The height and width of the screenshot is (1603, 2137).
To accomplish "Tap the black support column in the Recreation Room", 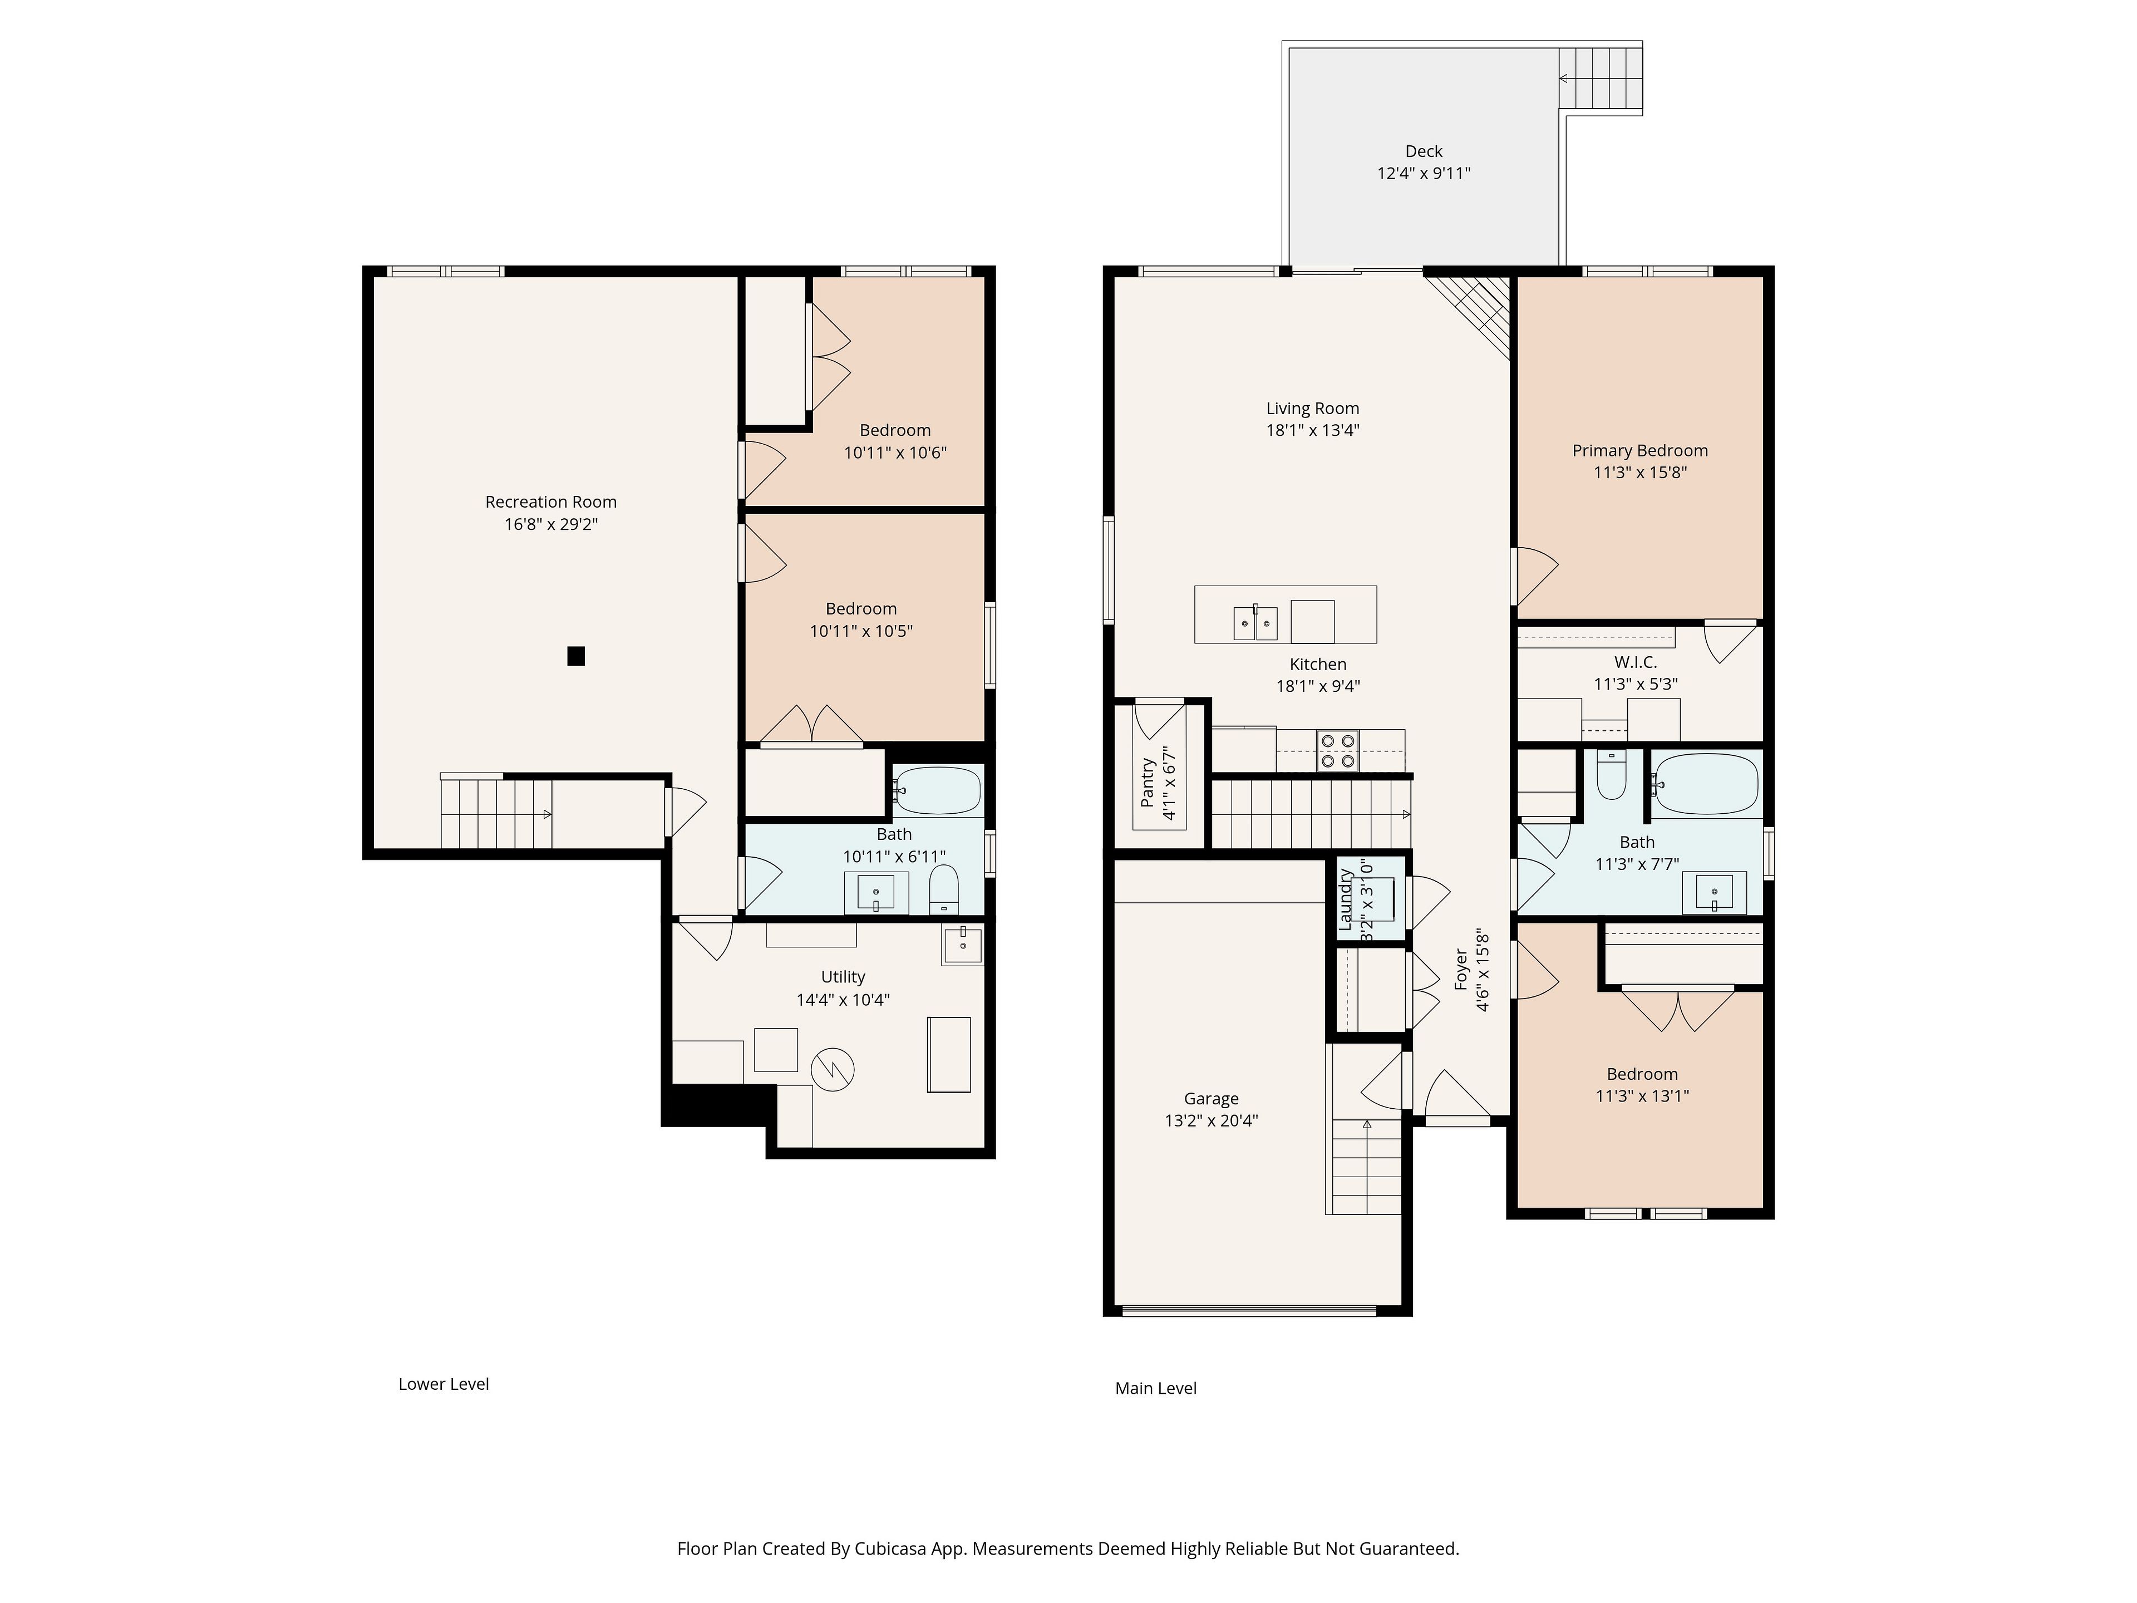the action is pos(576,656).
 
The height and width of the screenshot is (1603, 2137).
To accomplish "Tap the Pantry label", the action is pos(1147,783).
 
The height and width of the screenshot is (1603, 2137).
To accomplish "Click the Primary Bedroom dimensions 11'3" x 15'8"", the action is pos(1641,473).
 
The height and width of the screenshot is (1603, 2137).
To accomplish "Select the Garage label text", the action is pos(1212,1099).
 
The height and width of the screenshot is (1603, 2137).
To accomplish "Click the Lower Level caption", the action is pos(444,1384).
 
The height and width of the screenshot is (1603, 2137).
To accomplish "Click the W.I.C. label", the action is pos(1636,662).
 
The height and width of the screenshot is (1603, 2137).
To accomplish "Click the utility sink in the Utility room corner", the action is pos(962,945).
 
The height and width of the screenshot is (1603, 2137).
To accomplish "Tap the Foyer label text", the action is pos(1461,969).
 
